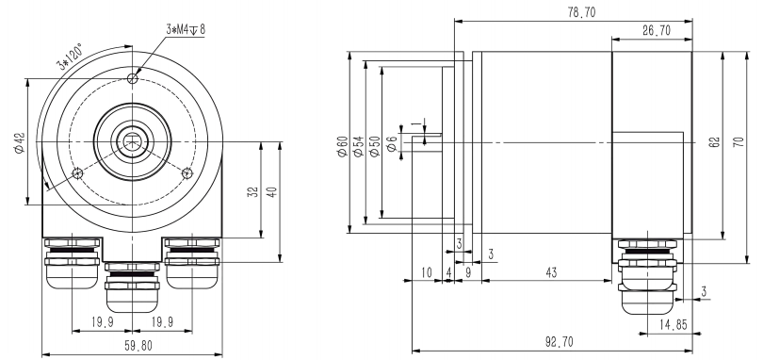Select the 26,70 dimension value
(654, 31)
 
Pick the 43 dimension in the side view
(552, 272)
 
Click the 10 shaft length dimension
(427, 272)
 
